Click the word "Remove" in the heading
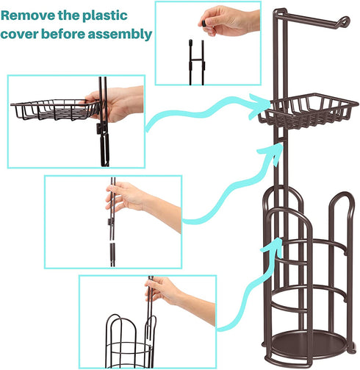[28, 15]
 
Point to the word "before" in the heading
[63, 34]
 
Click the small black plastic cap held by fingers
[204, 24]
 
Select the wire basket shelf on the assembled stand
[308, 110]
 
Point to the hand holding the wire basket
[115, 104]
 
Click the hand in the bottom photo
[179, 298]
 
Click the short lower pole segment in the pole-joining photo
[112, 255]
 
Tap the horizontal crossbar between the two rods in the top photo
[196, 60]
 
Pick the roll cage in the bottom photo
[130, 344]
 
